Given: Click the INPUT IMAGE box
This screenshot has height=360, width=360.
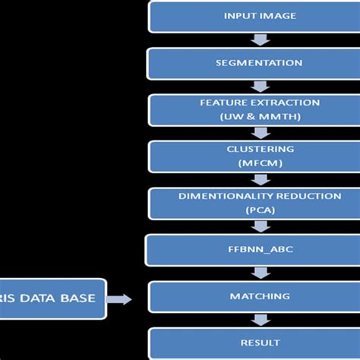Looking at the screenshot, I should coord(260,17).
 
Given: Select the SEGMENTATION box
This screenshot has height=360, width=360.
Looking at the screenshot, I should coord(260,63).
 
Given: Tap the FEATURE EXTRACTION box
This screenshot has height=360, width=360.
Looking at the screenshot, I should coord(260,109).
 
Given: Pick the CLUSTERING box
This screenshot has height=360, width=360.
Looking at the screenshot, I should coord(260,156).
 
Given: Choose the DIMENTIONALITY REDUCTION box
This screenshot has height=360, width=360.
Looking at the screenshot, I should coord(260,203).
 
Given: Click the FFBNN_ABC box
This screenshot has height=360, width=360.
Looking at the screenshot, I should coord(260,250).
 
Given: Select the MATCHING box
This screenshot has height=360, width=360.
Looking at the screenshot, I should coord(260,297).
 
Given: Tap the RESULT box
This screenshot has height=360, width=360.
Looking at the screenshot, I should coord(260,343).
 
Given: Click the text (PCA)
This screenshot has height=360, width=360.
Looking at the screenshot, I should coord(260,210).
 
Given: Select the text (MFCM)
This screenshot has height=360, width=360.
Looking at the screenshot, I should coord(260,163).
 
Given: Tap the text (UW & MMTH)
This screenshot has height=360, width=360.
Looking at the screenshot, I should coord(260,116).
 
